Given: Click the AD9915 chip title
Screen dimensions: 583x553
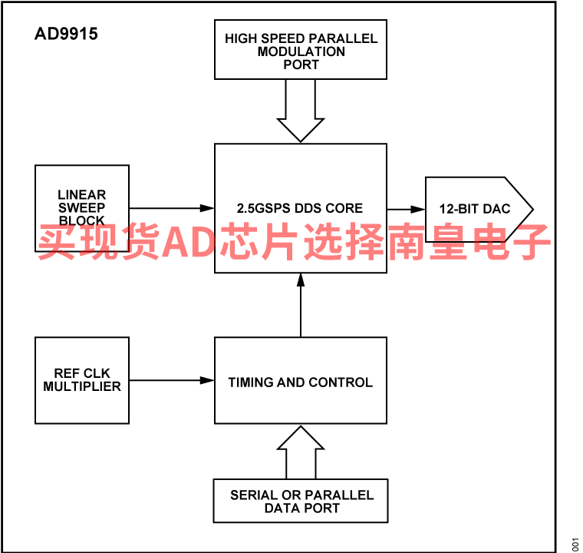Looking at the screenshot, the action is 66,34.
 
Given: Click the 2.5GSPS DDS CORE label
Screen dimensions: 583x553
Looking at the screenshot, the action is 300,208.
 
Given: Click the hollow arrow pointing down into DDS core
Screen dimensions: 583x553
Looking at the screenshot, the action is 301,111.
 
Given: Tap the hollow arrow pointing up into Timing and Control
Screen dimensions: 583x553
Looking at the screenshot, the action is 301,452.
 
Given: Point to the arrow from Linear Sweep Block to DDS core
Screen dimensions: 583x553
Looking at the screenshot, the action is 172,208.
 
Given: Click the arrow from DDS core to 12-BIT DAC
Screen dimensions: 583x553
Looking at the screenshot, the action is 406,209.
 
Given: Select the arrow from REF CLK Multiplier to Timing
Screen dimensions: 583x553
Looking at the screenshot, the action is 172,380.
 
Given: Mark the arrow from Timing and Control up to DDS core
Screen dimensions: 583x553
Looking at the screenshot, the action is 301,305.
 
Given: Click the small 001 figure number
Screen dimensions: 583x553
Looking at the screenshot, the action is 575,545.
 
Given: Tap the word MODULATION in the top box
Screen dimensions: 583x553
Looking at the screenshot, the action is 301,51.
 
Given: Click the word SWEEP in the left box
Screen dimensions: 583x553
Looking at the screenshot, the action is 82,207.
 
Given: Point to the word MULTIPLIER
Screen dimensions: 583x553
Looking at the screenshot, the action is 82,386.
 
